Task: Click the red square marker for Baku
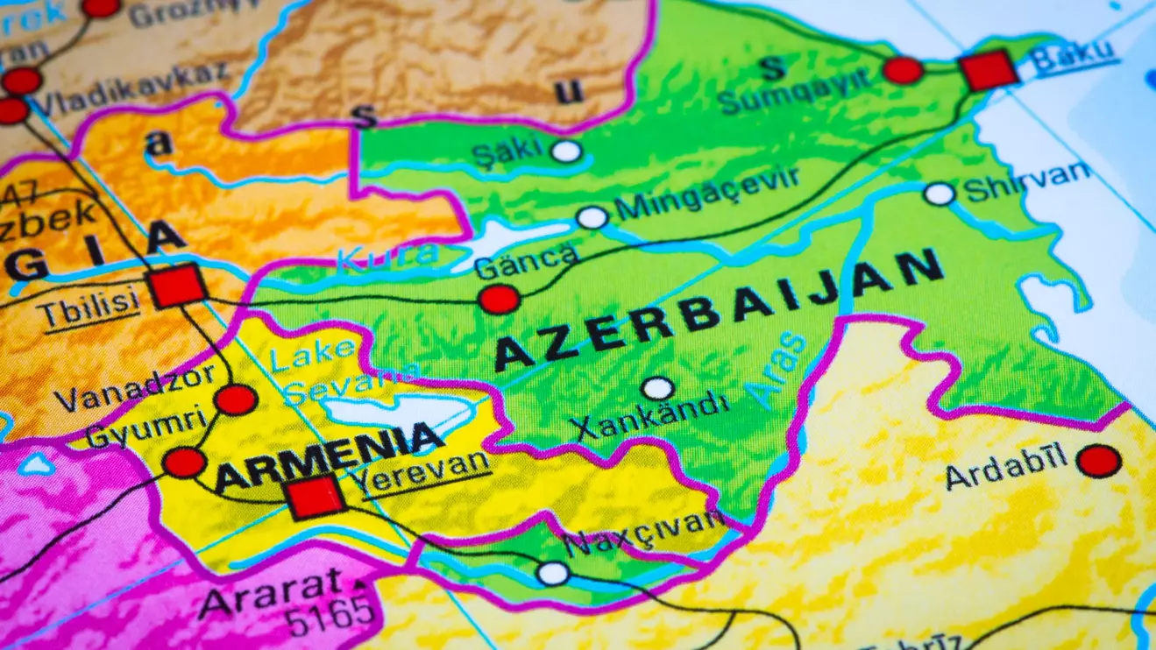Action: tap(989, 70)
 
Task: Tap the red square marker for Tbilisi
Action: tap(178, 286)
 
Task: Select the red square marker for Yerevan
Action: tap(316, 497)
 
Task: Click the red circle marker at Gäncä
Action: tap(499, 300)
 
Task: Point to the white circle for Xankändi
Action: tap(656, 388)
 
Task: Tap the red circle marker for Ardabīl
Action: tap(1098, 461)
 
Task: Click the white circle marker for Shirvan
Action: tap(940, 194)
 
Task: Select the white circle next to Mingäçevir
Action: tap(592, 217)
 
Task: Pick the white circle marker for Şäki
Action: tap(566, 151)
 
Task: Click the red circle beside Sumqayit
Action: tap(903, 70)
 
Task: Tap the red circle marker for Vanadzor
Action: tap(236, 399)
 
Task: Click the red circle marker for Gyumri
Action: tap(185, 462)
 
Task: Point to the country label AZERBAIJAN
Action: tap(719, 308)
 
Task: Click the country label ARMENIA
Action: tap(329, 456)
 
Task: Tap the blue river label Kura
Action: tap(387, 256)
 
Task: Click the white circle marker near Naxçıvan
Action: tap(553, 574)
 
